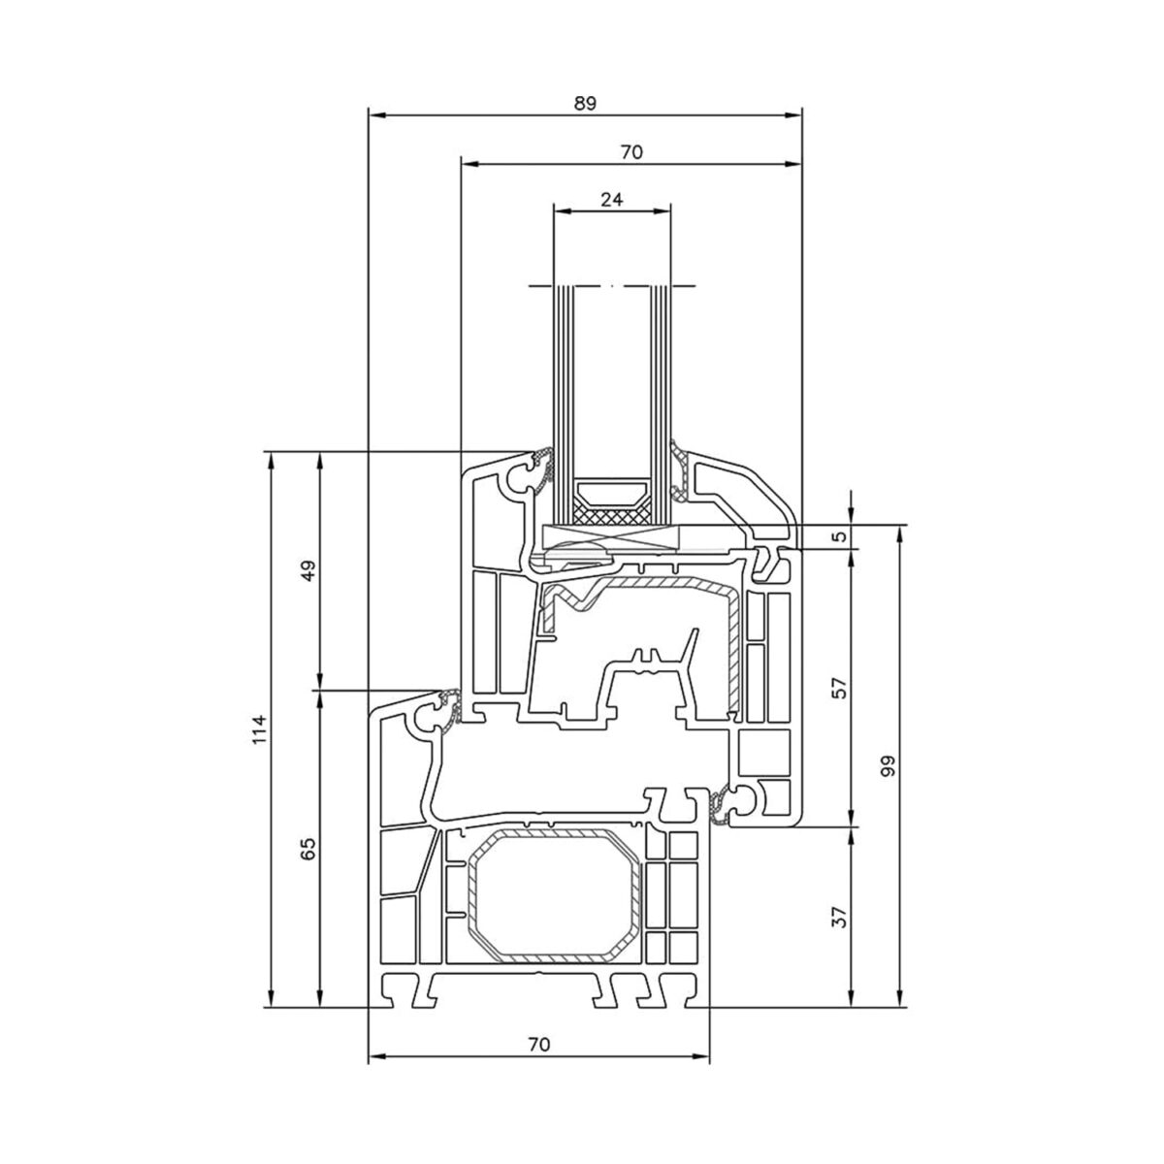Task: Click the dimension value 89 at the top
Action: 584,103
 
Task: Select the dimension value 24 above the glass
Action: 611,200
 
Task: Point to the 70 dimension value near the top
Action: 631,153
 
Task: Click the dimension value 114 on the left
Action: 259,729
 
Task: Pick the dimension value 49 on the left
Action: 308,570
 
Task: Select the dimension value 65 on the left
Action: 308,849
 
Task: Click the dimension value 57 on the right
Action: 840,688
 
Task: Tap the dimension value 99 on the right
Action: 889,766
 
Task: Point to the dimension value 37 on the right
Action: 840,916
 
